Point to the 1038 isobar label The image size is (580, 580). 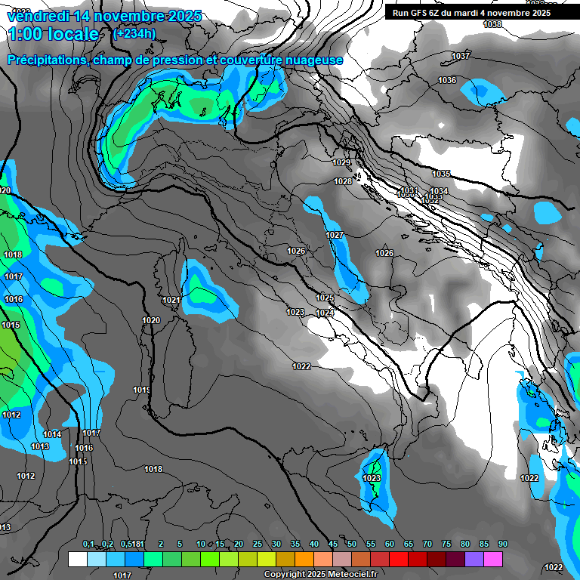pos(492,24)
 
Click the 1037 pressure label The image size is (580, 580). pos(461,56)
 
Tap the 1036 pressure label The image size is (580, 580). pos(447,80)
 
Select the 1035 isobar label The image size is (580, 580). pos(441,174)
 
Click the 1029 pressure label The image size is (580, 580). pos(342,162)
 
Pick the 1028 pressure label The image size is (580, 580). pos(343,181)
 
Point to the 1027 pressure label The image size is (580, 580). pos(335,235)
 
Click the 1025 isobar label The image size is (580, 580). pos(325,298)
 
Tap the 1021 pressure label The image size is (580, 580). pos(171,300)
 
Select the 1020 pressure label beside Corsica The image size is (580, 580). pos(151,320)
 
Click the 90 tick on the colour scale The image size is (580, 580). pos(503,545)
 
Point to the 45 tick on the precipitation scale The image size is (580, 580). pos(333,545)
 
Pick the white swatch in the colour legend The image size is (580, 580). pos(77,560)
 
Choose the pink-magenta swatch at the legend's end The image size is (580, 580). pos(493,560)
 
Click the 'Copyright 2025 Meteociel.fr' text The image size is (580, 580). pos(320,575)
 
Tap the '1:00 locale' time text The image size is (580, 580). pos(54,34)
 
